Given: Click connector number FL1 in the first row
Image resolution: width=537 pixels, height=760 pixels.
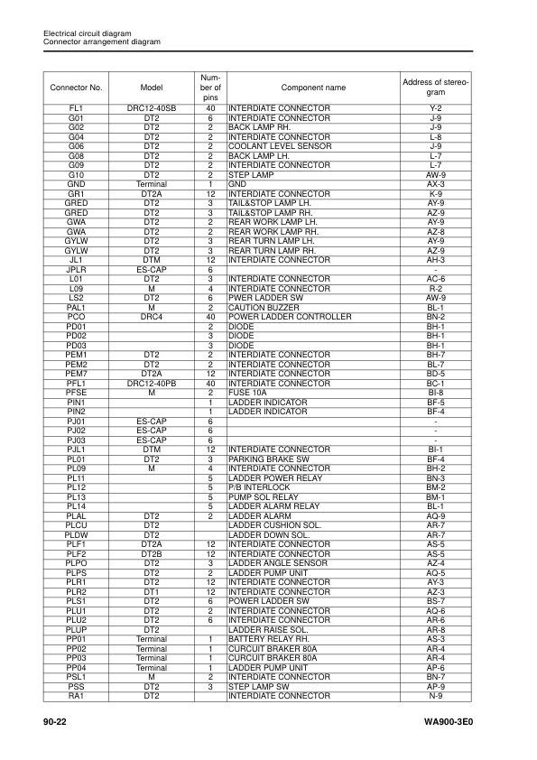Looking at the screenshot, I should tap(77, 107).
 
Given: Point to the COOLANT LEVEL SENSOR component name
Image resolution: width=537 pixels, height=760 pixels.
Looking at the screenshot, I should tap(280, 145).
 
